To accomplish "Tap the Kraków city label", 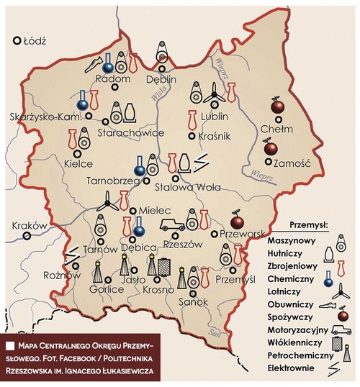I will [x=30, y=226].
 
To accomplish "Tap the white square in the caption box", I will [x=13, y=346].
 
